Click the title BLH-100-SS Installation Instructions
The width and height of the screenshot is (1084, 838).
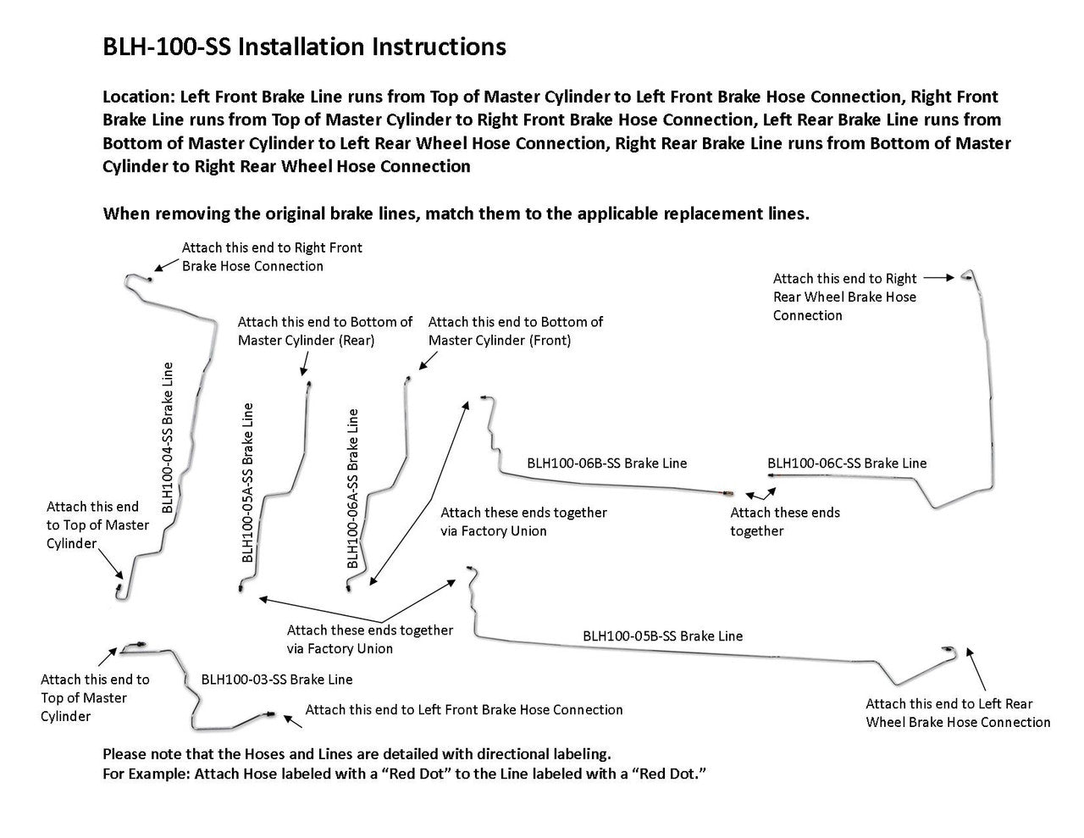click(304, 47)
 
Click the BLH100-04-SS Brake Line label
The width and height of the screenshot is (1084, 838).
click(168, 438)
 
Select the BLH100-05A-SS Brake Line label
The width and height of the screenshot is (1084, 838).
click(247, 483)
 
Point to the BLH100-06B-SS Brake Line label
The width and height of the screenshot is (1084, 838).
click(606, 463)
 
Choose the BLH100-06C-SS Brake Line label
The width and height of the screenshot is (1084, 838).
click(847, 463)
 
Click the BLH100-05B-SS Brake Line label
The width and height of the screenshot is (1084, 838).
click(662, 635)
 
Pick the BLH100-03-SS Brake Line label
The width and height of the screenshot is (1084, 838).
click(277, 680)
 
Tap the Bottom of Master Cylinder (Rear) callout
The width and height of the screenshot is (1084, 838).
click(325, 331)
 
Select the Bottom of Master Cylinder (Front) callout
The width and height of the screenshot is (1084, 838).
click(516, 331)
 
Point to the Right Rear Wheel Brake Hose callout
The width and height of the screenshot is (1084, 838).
click(844, 297)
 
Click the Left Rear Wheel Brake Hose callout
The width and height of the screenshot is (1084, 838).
click(958, 713)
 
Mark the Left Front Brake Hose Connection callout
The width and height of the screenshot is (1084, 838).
click(464, 710)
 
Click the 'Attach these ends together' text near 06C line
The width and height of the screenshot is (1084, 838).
click(785, 521)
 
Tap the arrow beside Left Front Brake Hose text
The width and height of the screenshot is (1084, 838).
click(292, 719)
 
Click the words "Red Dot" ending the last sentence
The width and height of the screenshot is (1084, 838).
click(674, 774)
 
